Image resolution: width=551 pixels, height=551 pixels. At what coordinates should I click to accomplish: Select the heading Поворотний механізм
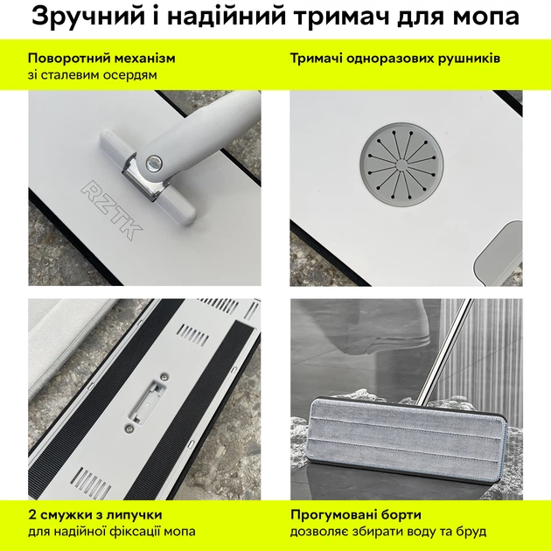[101, 59]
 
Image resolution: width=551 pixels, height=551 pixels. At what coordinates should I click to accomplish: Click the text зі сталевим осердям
[92, 75]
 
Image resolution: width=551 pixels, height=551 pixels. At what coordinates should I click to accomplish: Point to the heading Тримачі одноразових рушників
[395, 59]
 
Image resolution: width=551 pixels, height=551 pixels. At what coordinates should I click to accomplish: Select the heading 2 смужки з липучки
[94, 514]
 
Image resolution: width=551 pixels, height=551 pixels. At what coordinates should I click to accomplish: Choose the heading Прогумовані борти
[356, 514]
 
